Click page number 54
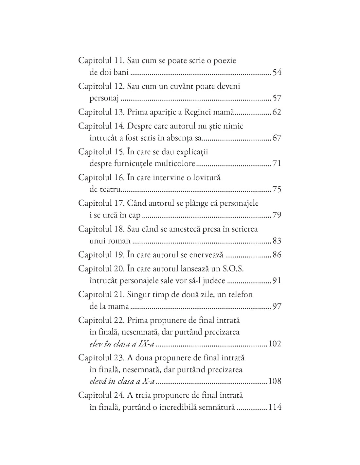(277, 72)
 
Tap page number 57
(277, 98)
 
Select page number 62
(277, 112)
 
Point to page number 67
(277, 138)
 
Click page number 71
(277, 164)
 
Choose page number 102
(275, 344)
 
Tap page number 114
(275, 407)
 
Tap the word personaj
(104, 98)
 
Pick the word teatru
(111, 189)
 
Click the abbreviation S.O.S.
(233, 268)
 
